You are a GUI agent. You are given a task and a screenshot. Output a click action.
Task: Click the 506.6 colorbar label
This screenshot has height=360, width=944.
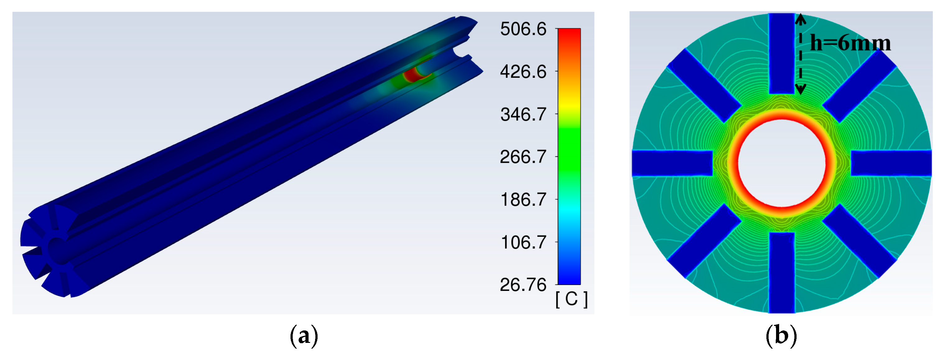click(523, 29)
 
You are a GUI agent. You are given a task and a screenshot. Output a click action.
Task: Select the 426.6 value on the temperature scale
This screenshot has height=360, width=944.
click(523, 72)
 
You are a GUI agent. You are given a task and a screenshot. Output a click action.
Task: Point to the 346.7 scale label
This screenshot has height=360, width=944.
click(523, 115)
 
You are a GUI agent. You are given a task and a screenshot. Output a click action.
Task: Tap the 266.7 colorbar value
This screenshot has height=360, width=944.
click(523, 157)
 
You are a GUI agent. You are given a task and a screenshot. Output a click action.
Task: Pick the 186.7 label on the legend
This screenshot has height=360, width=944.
click(523, 200)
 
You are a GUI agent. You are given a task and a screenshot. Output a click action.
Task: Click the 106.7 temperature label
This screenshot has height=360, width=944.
click(523, 242)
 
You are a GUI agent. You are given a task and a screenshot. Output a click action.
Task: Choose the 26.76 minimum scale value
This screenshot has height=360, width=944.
click(523, 285)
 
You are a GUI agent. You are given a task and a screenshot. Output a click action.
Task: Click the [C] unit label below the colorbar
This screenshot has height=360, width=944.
click(572, 299)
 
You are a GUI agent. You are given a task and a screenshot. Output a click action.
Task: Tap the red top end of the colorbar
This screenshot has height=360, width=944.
click(569, 33)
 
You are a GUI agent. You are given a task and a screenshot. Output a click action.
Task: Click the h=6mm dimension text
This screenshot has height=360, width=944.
click(850, 43)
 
